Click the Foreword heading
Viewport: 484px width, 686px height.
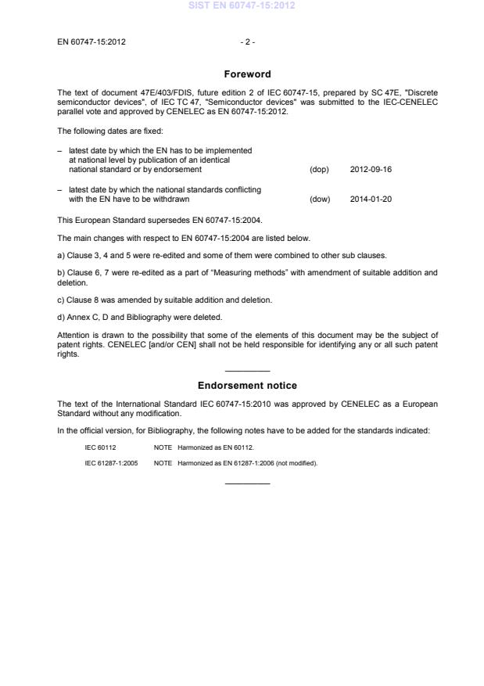click(x=247, y=74)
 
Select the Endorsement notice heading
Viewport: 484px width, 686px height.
click(x=247, y=386)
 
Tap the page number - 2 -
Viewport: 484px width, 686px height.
click(x=247, y=41)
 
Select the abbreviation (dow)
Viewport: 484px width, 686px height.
click(x=320, y=199)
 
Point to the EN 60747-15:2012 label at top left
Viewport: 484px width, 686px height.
click(x=91, y=41)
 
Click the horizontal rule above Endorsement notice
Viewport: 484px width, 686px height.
click(x=247, y=371)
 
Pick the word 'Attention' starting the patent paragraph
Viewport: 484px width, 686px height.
click(x=73, y=332)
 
